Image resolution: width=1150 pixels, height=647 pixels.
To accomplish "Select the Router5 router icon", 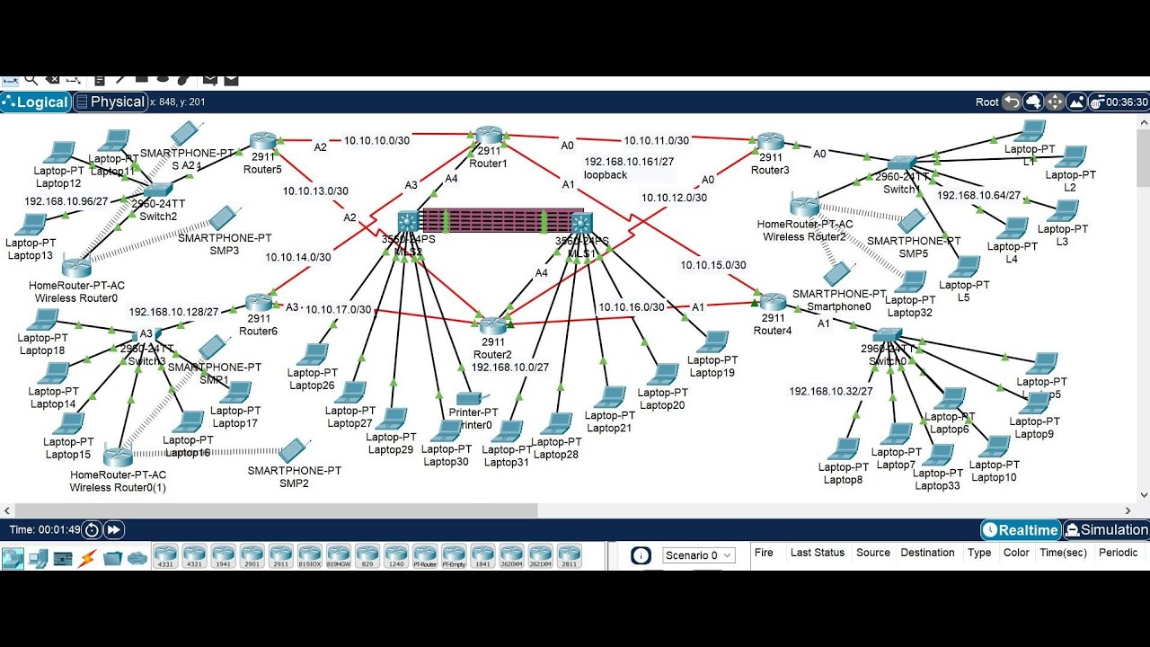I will click(263, 141).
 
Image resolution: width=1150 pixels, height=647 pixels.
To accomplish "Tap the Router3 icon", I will click(770, 142).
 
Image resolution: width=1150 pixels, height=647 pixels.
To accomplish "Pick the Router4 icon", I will click(772, 301).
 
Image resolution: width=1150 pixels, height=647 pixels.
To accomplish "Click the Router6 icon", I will click(259, 303).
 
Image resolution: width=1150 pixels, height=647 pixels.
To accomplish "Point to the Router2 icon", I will click(492, 327).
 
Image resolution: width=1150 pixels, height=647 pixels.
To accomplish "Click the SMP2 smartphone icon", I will click(292, 451).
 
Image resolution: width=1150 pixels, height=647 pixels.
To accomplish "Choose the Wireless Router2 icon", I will click(804, 206).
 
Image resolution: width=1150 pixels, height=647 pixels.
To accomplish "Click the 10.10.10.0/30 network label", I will click(376, 140).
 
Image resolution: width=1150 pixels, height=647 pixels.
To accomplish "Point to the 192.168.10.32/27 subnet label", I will click(831, 391).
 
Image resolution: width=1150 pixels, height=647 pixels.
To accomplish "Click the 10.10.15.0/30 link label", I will click(713, 265).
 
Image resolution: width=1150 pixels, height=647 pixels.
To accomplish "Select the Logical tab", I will click(36, 102).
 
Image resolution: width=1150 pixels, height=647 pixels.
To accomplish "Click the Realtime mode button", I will click(1021, 530).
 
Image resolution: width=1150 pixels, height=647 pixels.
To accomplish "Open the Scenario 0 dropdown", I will click(699, 555).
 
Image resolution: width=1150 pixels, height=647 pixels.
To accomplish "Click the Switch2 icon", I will click(157, 190).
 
